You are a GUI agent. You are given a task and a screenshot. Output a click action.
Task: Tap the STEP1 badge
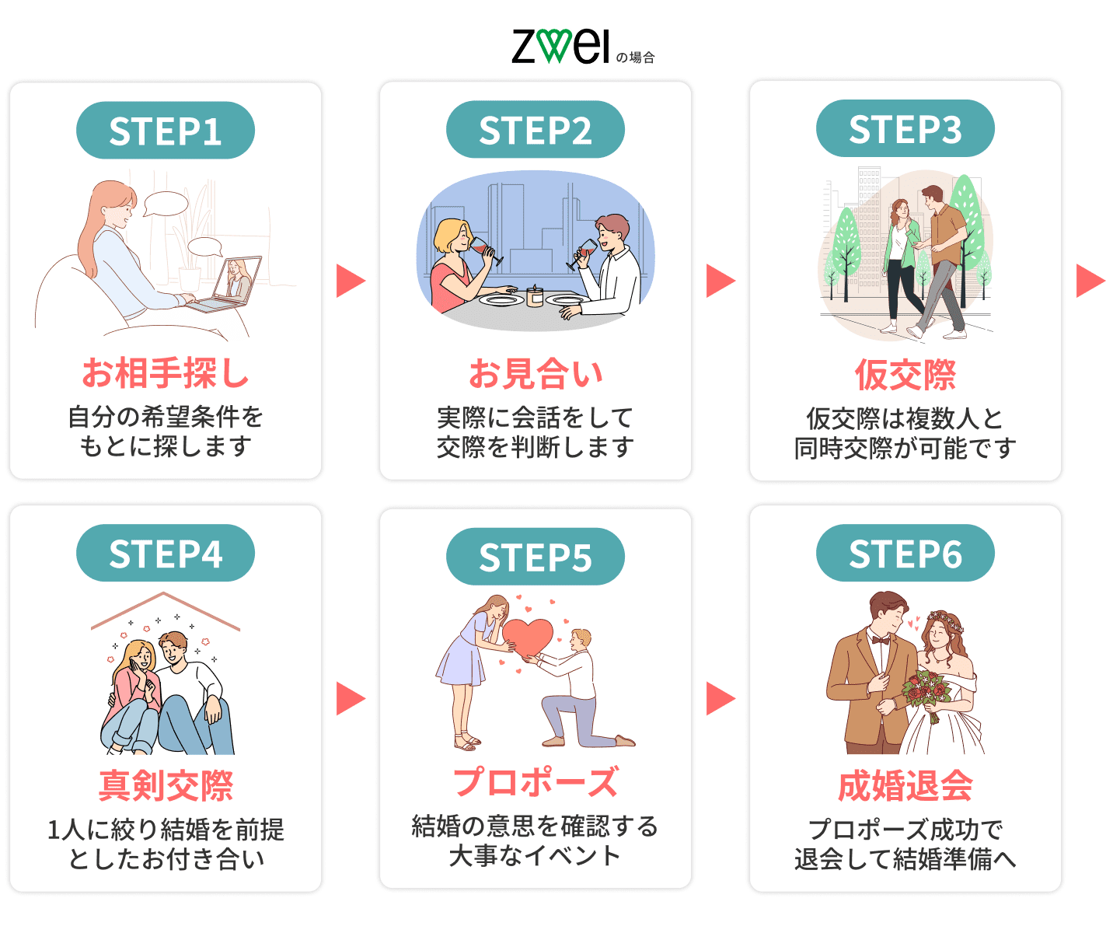click(166, 131)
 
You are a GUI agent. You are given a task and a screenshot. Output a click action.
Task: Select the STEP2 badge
click(536, 130)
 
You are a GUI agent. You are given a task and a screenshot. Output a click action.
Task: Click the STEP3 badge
click(905, 129)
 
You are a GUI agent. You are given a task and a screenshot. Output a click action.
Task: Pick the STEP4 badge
click(166, 554)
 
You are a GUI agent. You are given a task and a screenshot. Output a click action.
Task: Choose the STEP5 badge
click(536, 557)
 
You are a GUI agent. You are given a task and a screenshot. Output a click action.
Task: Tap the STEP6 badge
click(905, 554)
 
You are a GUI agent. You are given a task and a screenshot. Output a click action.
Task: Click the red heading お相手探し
click(166, 373)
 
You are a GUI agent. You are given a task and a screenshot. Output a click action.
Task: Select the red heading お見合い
click(536, 374)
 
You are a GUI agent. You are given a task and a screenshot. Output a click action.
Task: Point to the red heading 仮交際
click(905, 375)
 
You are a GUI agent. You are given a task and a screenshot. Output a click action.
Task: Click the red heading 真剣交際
click(166, 785)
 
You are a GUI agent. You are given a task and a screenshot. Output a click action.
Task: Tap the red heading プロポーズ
click(536, 782)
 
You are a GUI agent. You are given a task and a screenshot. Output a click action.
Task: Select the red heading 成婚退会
click(905, 785)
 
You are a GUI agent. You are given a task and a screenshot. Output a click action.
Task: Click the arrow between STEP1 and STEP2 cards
click(350, 281)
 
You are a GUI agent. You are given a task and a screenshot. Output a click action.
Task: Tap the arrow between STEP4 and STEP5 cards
click(350, 698)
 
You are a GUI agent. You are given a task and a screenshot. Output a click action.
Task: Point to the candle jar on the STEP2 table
click(535, 296)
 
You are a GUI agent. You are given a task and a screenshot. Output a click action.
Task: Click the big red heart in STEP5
click(528, 636)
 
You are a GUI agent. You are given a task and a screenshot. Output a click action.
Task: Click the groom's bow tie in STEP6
click(881, 641)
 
